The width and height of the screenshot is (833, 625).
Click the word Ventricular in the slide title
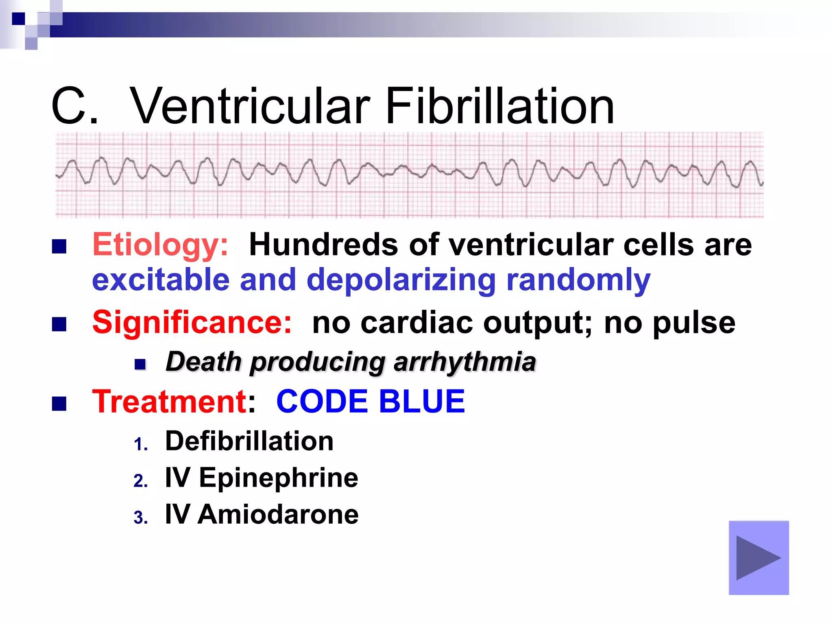click(250, 107)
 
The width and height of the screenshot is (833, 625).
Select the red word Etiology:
click(160, 245)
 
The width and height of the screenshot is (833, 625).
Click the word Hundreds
click(323, 245)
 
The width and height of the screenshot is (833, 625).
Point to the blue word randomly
click(578, 281)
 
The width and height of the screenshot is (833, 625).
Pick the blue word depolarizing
click(401, 281)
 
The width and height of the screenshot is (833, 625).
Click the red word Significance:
click(192, 323)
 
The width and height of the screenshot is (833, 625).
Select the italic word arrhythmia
click(464, 362)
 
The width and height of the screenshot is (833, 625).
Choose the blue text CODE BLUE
click(370, 402)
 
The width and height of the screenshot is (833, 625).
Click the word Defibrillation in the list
click(249, 441)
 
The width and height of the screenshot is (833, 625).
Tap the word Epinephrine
click(278, 478)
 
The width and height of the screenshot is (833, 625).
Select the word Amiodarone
click(278, 514)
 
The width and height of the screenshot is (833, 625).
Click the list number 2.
click(140, 481)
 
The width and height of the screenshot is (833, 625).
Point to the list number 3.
click(140, 518)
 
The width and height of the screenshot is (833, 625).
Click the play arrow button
click(758, 558)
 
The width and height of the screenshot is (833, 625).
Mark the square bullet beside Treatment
click(59, 404)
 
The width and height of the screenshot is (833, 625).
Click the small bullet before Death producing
click(140, 364)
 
